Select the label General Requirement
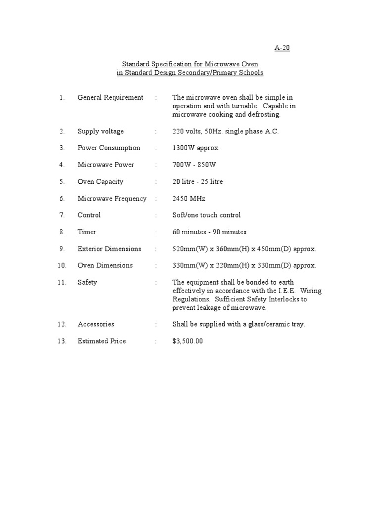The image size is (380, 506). click(x=110, y=97)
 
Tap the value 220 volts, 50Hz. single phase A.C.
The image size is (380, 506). click(x=225, y=131)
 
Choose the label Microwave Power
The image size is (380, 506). click(x=105, y=165)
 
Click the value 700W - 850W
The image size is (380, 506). click(x=194, y=165)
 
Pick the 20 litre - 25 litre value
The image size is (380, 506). click(x=197, y=181)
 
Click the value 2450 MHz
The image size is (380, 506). click(x=189, y=198)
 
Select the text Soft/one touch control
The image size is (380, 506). click(x=206, y=215)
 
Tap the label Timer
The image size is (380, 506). click(x=87, y=232)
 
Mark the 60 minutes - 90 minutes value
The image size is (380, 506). click(x=209, y=232)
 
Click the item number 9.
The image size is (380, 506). click(x=62, y=249)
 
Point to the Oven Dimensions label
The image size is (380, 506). click(x=105, y=265)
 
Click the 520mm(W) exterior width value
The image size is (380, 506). click(x=187, y=249)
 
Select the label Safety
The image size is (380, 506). click(x=87, y=282)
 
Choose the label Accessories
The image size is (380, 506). click(x=95, y=324)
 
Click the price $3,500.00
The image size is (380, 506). click(x=188, y=341)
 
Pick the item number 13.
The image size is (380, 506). click(x=62, y=341)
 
